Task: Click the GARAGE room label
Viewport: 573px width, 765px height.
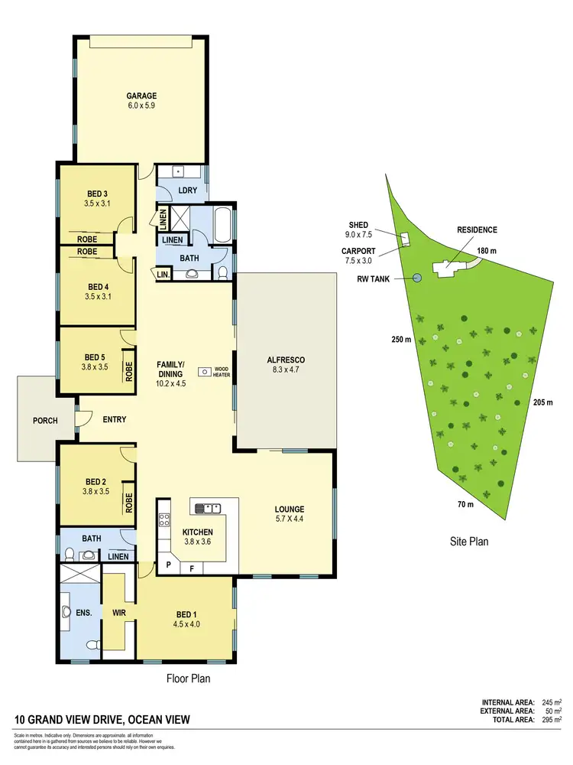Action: pos(141,96)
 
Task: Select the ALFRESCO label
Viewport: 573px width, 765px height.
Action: pos(286,360)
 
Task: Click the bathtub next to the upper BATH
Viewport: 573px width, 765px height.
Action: pos(222,225)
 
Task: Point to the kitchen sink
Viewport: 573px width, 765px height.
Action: pos(207,507)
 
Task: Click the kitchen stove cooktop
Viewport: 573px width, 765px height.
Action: pos(163,520)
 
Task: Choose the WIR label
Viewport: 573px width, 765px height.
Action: pos(118,612)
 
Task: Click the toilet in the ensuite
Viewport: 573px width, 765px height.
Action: pos(92,643)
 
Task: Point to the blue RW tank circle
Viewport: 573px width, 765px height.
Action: pos(417,278)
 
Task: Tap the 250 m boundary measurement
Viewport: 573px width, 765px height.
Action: pos(402,339)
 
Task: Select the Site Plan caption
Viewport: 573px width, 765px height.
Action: pos(468,542)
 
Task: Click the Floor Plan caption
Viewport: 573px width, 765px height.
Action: pos(189,678)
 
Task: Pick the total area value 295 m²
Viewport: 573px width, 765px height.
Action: pos(548,720)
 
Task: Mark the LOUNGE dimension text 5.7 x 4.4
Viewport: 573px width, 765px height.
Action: pos(290,519)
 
